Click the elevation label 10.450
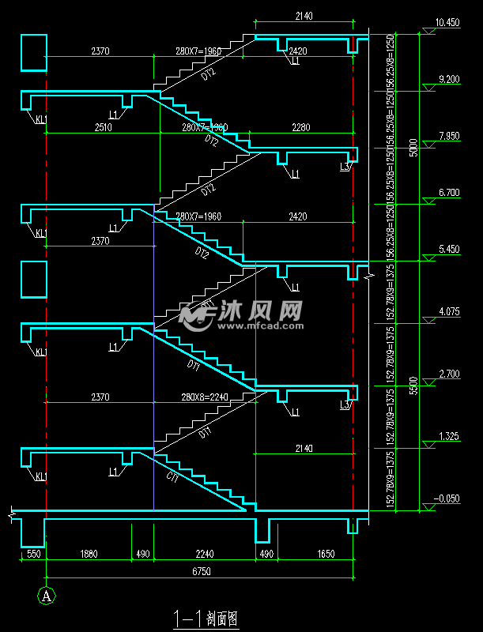(x=447, y=23)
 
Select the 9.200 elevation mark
(x=447, y=80)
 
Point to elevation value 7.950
(x=447, y=136)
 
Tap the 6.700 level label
(x=447, y=193)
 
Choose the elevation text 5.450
(x=447, y=249)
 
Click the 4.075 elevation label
(x=447, y=311)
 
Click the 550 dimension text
(x=32, y=554)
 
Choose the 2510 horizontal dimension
(x=103, y=126)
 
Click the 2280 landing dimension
(x=301, y=126)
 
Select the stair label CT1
(x=172, y=476)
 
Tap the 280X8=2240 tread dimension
(x=204, y=397)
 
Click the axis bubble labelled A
(x=47, y=594)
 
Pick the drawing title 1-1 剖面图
(x=205, y=618)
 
